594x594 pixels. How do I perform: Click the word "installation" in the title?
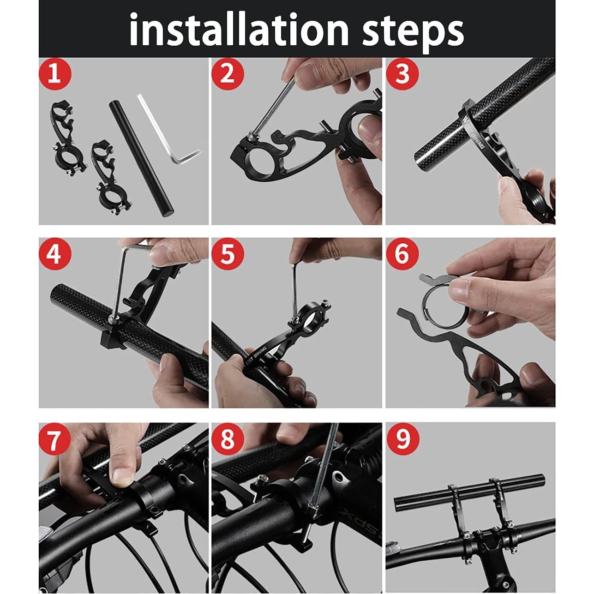click(239, 30)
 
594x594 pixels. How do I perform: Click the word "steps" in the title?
click(413, 30)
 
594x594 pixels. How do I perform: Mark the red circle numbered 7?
click(54, 439)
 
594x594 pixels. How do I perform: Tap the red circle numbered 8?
click(227, 439)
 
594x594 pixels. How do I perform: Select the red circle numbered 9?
click(402, 439)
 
